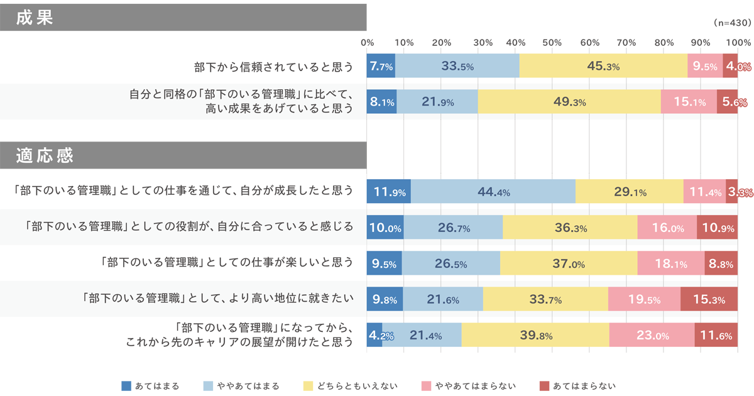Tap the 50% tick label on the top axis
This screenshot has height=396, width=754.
point(552,43)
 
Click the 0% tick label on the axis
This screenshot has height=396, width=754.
point(368,43)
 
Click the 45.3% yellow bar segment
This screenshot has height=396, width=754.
point(603,66)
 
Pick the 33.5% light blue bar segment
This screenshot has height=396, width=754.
point(457,66)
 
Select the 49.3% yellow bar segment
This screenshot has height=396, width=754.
point(569,102)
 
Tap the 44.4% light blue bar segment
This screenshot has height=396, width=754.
point(493,191)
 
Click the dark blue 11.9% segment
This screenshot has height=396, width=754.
point(388,191)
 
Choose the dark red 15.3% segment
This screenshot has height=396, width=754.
point(709,299)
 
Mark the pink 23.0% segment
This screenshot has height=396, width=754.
point(652,335)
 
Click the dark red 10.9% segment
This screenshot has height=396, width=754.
point(716,227)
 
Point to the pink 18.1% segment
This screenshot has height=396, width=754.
point(670,263)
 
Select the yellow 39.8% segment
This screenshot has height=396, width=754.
point(535,335)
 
